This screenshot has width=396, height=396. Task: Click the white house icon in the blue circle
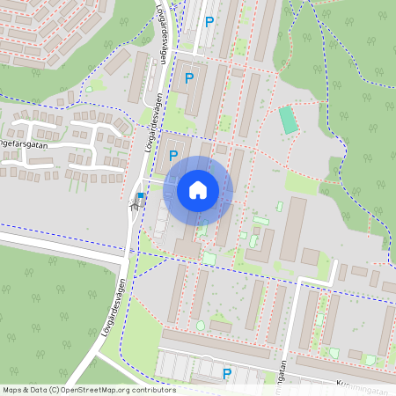pyautogui.click(x=198, y=189)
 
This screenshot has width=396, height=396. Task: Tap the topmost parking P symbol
pyautogui.click(x=209, y=22)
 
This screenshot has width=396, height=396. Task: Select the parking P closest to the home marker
pyautogui.click(x=172, y=156)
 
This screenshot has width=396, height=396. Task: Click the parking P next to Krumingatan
pyautogui.click(x=227, y=374)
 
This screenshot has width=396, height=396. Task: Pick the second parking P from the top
pyautogui.click(x=188, y=78)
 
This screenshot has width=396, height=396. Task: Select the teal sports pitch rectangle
pyautogui.click(x=288, y=121)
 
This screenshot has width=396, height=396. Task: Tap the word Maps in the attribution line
pyautogui.click(x=12, y=390)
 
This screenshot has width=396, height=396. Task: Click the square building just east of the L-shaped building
pyautogui.click(x=310, y=256)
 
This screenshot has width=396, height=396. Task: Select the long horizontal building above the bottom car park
pyautogui.click(x=216, y=342)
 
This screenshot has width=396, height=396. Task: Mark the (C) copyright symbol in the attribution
pyautogui.click(x=55, y=390)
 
